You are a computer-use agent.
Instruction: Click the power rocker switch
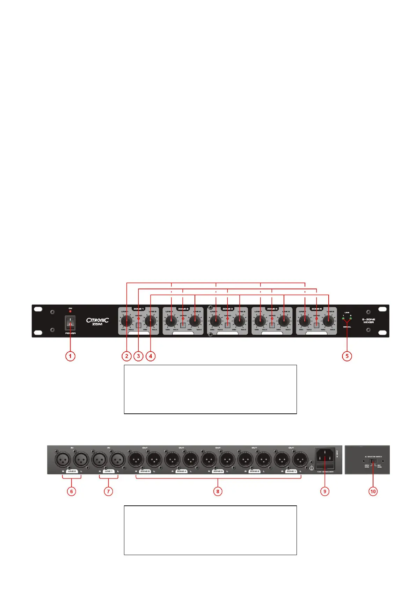point(70,324)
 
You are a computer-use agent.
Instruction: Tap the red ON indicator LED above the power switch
point(70,311)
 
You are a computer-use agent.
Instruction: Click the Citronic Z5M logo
point(97,321)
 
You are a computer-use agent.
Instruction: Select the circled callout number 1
point(71,356)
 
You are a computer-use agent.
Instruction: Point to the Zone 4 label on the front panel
point(272,309)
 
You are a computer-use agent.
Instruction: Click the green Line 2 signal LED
point(350,319)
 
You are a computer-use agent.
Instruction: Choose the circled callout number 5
point(347,356)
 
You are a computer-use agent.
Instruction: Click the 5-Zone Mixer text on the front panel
point(368,321)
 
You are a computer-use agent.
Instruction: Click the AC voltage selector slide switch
point(373,462)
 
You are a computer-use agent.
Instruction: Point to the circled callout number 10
point(373,491)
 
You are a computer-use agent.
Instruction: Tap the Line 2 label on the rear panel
point(72,471)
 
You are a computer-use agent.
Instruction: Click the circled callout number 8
point(218,491)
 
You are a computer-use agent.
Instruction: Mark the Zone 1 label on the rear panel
point(291,471)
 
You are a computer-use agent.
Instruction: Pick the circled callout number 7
point(108,491)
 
